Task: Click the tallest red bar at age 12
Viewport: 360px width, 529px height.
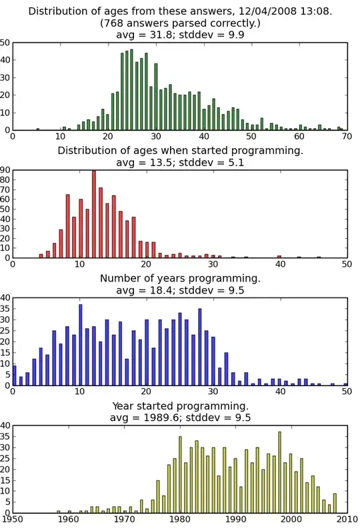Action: coord(93,214)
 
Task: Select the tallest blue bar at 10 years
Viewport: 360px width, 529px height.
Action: coord(80,345)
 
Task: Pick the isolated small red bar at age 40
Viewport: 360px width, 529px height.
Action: coord(279,256)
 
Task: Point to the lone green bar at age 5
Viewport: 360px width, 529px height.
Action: coord(37,129)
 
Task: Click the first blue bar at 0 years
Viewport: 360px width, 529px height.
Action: coord(14,375)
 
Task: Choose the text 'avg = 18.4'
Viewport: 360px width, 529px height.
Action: coord(148,290)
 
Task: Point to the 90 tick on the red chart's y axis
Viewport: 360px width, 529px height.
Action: coord(5,171)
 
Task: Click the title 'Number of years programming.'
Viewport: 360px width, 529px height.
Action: coord(180,278)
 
